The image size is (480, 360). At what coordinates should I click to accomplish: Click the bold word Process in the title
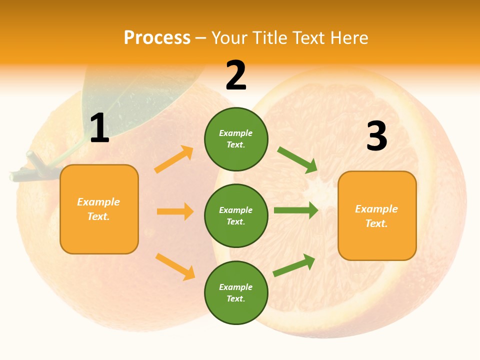point(157,38)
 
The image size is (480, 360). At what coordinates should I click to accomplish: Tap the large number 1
point(99,128)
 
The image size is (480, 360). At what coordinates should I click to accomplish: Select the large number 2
point(236,75)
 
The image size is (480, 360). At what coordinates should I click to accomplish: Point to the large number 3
point(376,136)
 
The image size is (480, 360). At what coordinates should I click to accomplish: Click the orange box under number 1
point(99,209)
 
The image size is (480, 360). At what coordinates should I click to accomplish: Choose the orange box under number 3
point(377,215)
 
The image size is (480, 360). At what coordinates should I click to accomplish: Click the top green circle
point(236,139)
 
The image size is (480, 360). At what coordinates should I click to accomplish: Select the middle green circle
point(236,215)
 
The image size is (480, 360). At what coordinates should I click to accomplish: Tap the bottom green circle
point(236,292)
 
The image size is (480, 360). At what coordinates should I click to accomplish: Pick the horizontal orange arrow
point(175,211)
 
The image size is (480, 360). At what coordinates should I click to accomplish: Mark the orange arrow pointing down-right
point(175,266)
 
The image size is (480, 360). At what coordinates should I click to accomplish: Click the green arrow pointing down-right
point(297,160)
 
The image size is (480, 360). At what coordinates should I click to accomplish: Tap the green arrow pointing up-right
point(294,265)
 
